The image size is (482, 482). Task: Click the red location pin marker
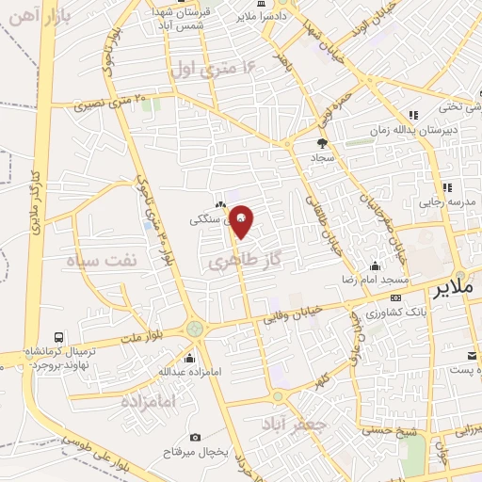pyautogui.click(x=242, y=221)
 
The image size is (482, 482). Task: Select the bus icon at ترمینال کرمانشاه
pyautogui.click(x=59, y=337)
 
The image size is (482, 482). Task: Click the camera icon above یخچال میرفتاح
pyautogui.click(x=195, y=437)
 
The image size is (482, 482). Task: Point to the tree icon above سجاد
pyautogui.click(x=323, y=143)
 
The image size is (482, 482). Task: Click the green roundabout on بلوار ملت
pyautogui.click(x=195, y=329)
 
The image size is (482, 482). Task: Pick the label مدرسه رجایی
pyautogui.click(x=450, y=202)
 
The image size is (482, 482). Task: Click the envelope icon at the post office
pyautogui.click(x=472, y=356)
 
